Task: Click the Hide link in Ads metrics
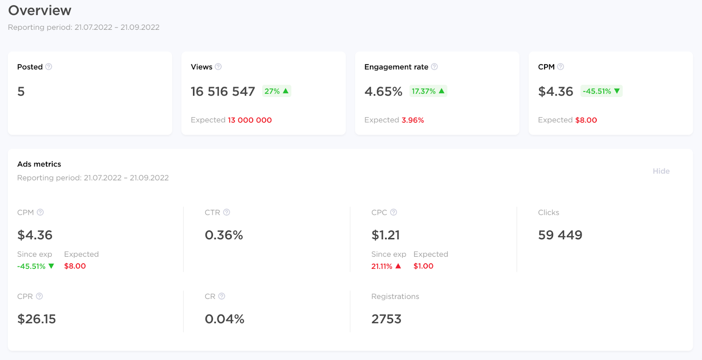click(x=661, y=171)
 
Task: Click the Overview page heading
click(x=39, y=11)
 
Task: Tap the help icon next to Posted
click(x=49, y=67)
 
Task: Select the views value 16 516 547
click(x=222, y=91)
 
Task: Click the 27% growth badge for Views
click(x=276, y=91)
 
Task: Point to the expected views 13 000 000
click(x=250, y=120)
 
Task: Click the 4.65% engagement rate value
click(x=383, y=91)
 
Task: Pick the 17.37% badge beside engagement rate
click(x=428, y=91)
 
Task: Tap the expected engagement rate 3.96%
click(x=412, y=120)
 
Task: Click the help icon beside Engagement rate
click(x=434, y=67)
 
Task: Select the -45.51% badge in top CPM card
click(x=601, y=91)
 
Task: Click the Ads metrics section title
click(x=39, y=164)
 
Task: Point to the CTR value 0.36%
click(x=224, y=235)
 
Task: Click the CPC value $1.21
click(x=385, y=235)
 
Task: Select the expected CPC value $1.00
click(x=423, y=266)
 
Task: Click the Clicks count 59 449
click(x=560, y=235)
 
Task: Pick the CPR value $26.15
click(x=36, y=319)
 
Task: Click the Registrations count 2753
click(x=386, y=319)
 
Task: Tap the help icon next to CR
click(x=222, y=296)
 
